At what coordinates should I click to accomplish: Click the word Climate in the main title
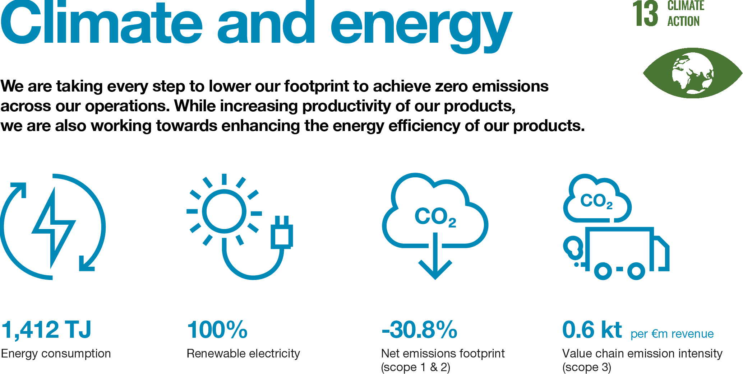pos(102,23)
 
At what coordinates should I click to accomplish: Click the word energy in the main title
pos(421,27)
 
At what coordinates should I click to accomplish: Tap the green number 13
pos(645,14)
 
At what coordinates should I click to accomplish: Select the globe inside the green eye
pos(693,73)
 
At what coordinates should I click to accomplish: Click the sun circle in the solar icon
pos(224,211)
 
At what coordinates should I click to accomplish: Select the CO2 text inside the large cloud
pos(435,217)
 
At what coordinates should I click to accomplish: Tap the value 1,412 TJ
pos(46,329)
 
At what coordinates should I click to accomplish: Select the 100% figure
pos(217,329)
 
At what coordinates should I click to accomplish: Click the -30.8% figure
pos(419,329)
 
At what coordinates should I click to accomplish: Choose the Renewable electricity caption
pos(243,354)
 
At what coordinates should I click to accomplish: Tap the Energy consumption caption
pos(56,354)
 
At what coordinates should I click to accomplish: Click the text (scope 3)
pos(587,367)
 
